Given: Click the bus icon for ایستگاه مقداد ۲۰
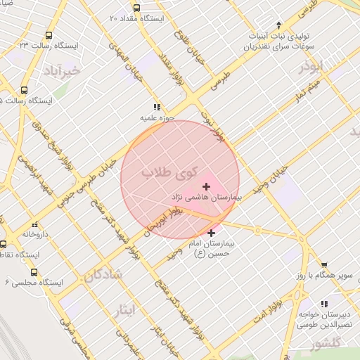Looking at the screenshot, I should click(136, 8).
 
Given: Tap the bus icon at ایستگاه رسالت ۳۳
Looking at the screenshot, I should click(49, 35).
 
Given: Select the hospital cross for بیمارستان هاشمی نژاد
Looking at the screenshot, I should click(206, 186).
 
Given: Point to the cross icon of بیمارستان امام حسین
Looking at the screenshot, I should click(211, 233).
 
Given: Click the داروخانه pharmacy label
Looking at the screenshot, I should click(34, 234).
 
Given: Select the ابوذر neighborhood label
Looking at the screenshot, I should click(313, 67).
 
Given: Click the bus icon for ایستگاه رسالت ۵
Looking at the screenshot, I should click(24, 91).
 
